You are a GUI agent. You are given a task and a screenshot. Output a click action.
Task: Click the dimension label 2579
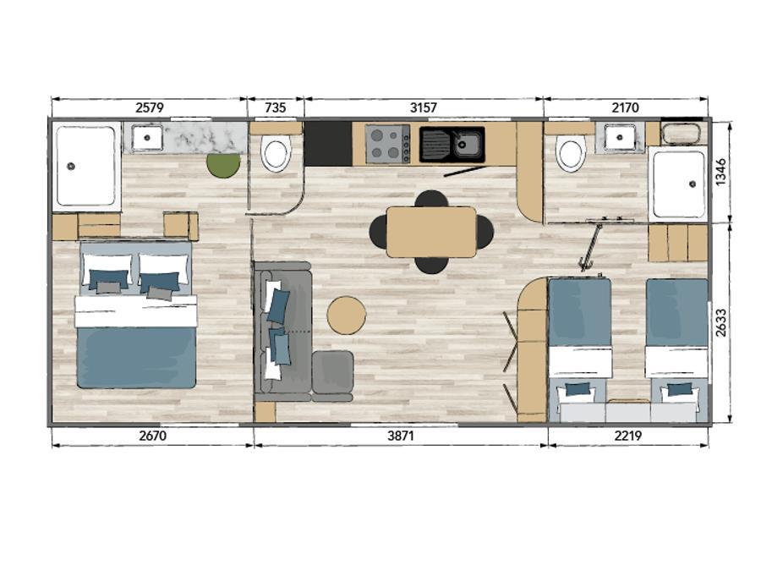pos(150,107)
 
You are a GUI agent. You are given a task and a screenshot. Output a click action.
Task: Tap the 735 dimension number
pos(276,107)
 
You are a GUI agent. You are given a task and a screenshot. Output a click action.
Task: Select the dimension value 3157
pos(424,107)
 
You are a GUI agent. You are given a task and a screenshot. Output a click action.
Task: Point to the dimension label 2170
pos(625,107)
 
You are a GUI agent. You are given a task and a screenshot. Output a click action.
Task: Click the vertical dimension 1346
pos(720,172)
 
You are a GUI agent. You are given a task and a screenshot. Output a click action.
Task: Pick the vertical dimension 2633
pos(720,323)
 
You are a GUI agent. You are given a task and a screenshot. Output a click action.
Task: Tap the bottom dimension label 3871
pos(401,436)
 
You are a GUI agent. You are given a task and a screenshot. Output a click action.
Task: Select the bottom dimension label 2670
pos(152,436)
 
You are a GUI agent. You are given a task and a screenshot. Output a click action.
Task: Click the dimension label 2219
pos(628,436)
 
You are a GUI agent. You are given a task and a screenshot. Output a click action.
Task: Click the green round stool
pos(223,165)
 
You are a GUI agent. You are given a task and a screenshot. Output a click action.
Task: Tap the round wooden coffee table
pos(346,316)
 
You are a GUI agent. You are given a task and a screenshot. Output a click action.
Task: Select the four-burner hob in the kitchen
pos(387,144)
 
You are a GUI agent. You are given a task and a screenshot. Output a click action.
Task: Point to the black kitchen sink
pos(452,144)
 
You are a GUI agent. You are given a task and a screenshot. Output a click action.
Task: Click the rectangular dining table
pos(431,232)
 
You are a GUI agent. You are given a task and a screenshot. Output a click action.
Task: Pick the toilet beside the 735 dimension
pos(276,153)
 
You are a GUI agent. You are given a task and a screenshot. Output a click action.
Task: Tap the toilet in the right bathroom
pos(571,153)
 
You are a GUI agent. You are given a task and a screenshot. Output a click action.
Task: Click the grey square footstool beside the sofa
pos(332,372)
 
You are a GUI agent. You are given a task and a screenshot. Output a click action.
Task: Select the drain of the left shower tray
pos(71,166)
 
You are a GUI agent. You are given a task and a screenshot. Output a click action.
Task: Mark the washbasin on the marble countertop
pos(147,138)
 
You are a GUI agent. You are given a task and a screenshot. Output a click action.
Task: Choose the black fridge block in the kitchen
pos(328,144)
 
